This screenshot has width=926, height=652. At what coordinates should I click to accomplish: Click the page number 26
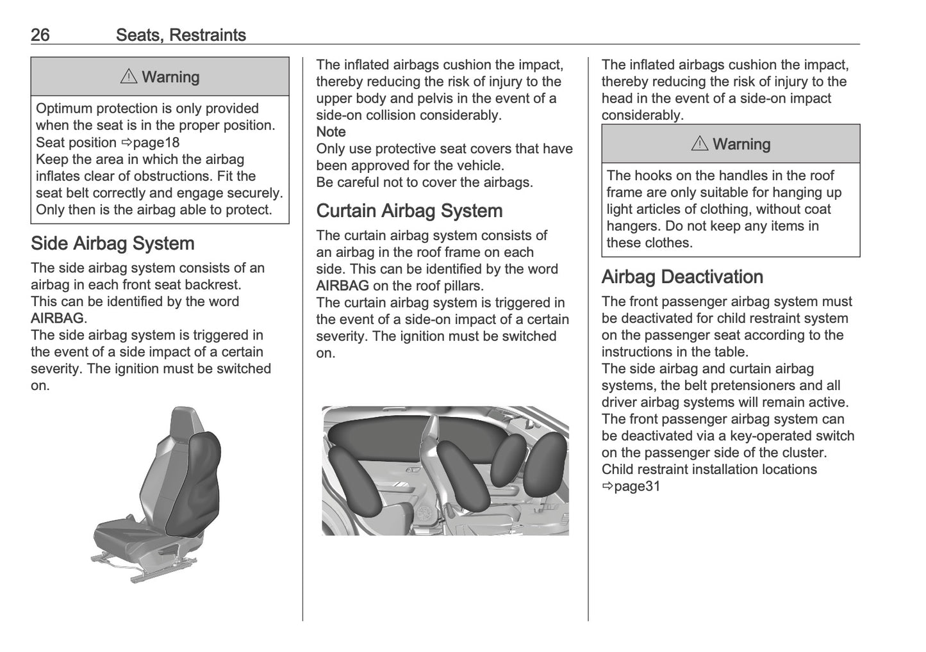click(40, 35)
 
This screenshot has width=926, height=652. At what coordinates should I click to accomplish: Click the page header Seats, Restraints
click(181, 35)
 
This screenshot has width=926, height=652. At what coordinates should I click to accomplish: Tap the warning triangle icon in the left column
click(129, 77)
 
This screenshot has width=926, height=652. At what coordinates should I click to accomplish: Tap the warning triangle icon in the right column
click(700, 144)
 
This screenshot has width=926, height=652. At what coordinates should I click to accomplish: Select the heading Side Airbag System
click(112, 243)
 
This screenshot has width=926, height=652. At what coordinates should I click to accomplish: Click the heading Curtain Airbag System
click(409, 211)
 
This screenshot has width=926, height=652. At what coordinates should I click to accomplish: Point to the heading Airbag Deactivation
click(682, 277)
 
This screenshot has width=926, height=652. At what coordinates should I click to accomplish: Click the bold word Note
click(331, 132)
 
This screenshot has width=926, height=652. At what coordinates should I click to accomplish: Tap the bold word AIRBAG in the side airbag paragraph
click(57, 318)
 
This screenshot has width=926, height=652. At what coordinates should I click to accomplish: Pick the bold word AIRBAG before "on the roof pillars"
click(342, 286)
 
